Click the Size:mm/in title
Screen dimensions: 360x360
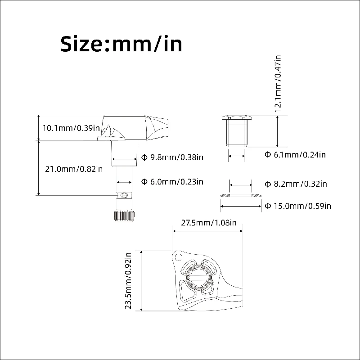tap(121, 44)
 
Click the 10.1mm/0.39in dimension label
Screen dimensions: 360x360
tap(71, 128)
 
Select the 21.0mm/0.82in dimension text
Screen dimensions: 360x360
tap(74, 169)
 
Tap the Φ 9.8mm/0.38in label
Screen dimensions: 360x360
tap(172, 157)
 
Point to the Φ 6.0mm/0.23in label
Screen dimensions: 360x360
tap(172, 182)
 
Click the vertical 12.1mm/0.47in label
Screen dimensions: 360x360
tap(278, 83)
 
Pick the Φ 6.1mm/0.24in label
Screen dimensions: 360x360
tap(295, 155)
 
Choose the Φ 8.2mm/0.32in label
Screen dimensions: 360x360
tap(296, 184)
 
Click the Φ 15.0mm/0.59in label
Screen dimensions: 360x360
tap(298, 206)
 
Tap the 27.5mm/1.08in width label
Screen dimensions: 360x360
tap(209, 223)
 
